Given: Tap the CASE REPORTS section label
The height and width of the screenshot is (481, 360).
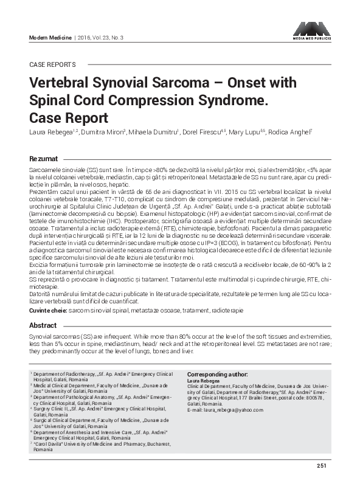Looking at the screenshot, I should pyautogui.click(x=52, y=64).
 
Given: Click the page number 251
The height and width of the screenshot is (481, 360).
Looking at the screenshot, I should pyautogui.click(x=322, y=466).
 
